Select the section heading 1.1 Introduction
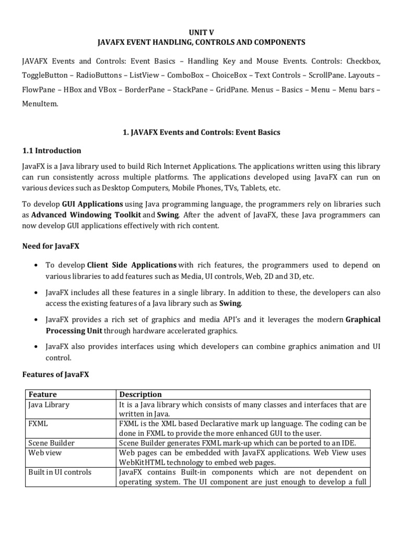point(51,151)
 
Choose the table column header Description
point(140,394)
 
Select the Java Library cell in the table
point(48,404)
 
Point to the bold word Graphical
point(363,319)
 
